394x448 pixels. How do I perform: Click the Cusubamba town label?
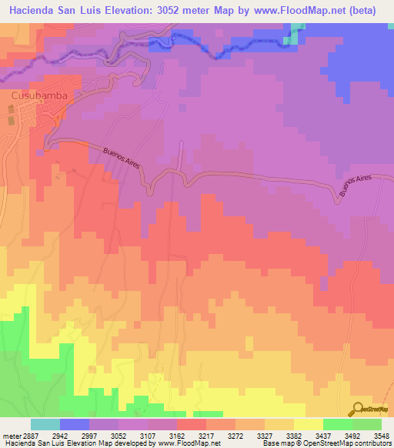(39, 95)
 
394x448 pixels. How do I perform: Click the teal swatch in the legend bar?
(45, 424)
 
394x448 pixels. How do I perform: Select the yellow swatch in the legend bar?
(309, 424)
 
